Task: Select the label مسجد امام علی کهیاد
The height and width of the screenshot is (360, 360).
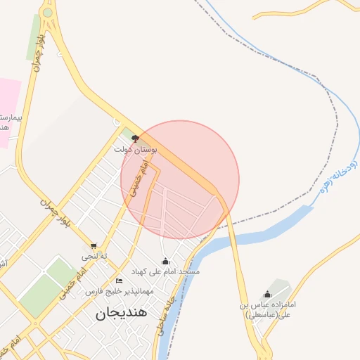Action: [166, 271]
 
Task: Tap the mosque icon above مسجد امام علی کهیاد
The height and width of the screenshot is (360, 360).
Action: [166, 261]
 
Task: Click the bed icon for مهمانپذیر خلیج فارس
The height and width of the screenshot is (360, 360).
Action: [119, 281]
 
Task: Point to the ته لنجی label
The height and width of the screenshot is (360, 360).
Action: [94, 256]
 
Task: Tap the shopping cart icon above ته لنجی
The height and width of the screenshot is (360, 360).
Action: [94, 246]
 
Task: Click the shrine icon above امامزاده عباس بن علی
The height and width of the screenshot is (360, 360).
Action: [267, 295]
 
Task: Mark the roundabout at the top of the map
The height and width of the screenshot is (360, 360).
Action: [47, 12]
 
